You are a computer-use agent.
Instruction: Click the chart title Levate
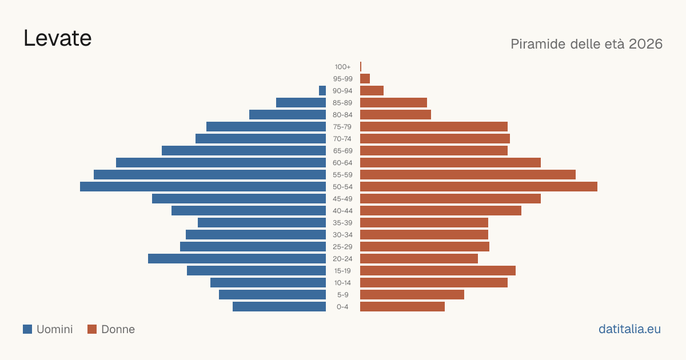click(58, 38)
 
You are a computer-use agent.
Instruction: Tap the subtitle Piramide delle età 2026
click(587, 44)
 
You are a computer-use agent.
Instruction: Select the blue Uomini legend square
click(27, 329)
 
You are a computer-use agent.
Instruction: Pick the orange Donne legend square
click(92, 329)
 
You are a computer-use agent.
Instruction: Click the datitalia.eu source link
click(629, 329)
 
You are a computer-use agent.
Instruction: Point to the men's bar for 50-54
click(203, 187)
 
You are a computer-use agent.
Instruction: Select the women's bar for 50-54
click(478, 187)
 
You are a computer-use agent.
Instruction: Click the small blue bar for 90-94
click(322, 91)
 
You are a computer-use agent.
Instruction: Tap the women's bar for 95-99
click(365, 79)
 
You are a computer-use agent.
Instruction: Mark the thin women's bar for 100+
click(361, 67)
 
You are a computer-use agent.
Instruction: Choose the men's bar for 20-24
click(237, 259)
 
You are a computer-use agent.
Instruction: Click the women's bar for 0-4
click(402, 307)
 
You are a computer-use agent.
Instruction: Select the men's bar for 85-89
click(301, 102)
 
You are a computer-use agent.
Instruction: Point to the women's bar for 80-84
click(396, 114)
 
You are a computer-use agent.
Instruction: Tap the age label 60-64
click(342, 163)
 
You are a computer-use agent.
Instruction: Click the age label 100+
click(342, 67)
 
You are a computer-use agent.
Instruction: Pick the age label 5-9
click(342, 295)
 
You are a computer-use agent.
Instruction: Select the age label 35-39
click(342, 223)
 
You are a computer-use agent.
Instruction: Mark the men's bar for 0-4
click(279, 307)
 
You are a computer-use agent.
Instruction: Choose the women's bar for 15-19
click(438, 271)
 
